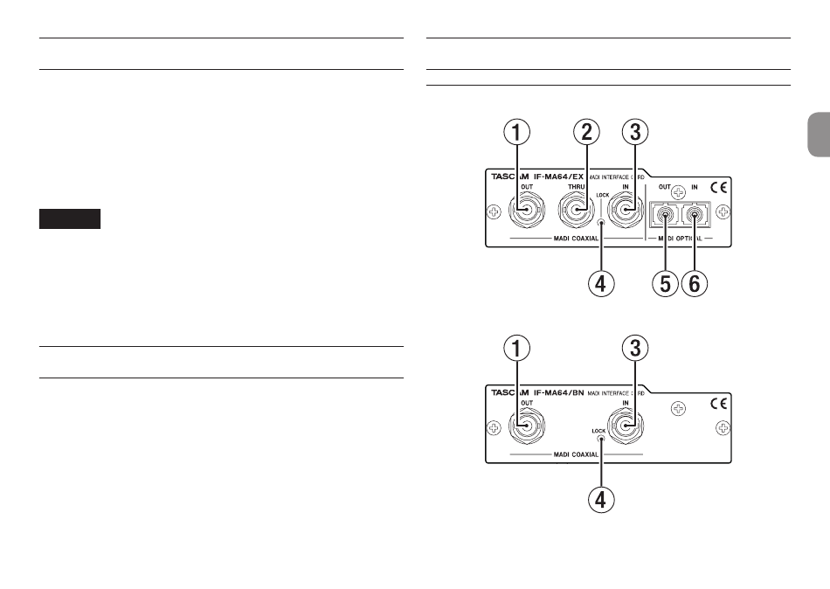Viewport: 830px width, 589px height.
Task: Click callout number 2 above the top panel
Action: click(586, 134)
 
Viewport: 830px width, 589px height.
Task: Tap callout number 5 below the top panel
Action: click(667, 284)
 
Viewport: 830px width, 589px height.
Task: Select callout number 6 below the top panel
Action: click(696, 284)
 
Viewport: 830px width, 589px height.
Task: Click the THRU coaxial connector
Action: click(575, 210)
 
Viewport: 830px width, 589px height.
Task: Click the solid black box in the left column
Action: click(70, 218)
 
